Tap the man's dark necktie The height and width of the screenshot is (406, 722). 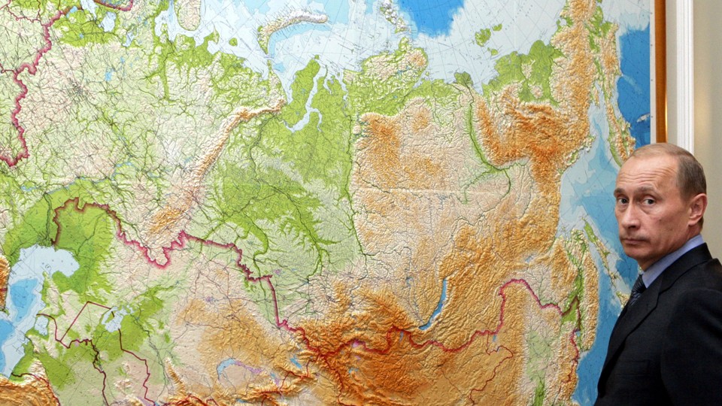coord(636,289)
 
